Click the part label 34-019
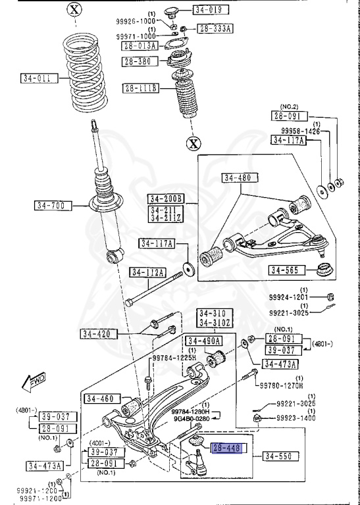tap(207, 10)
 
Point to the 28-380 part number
tap(137, 62)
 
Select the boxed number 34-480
tap(238, 178)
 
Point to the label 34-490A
tap(203, 341)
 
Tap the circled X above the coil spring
tap(75, 9)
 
